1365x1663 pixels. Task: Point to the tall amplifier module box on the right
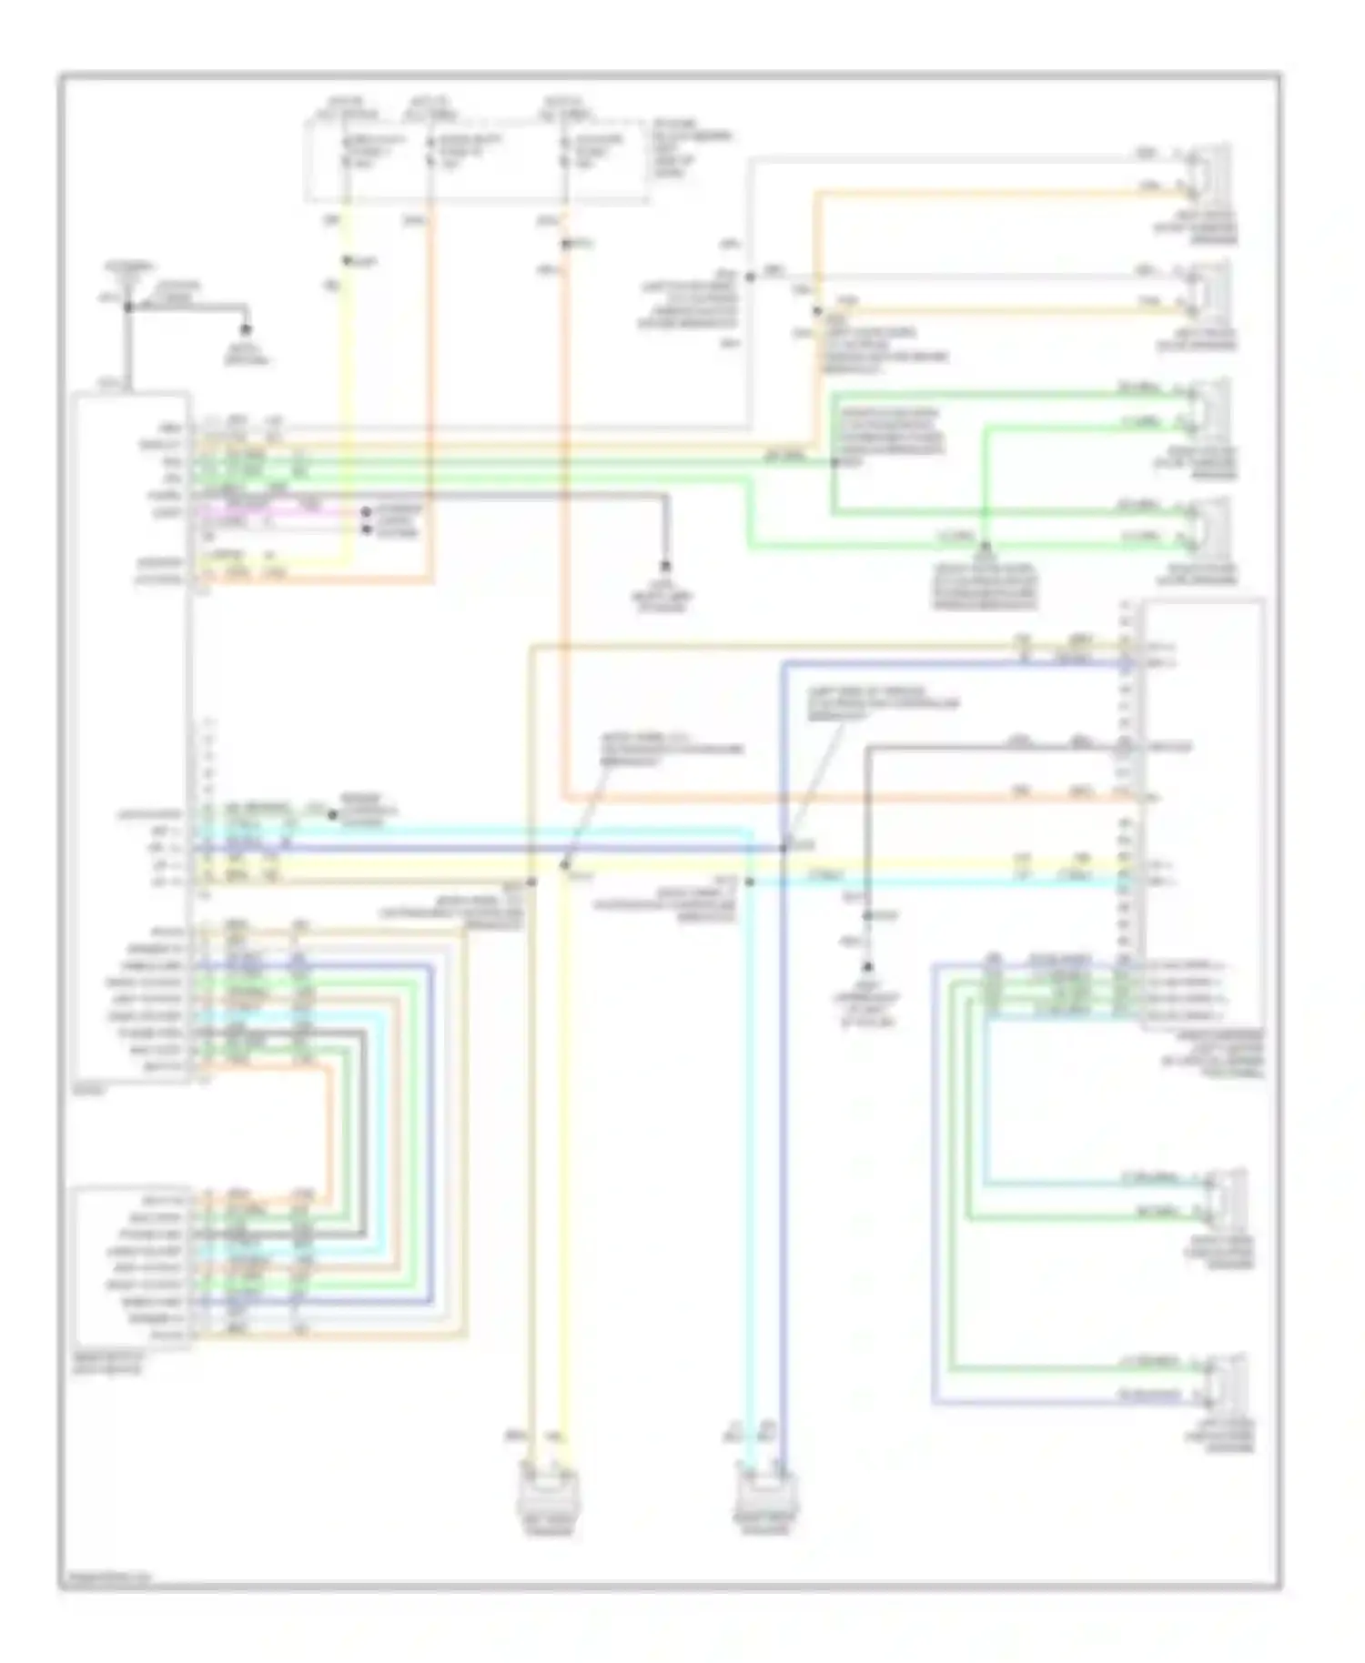(x=1203, y=814)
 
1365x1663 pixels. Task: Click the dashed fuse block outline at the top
(x=478, y=159)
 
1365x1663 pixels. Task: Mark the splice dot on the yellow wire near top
(x=347, y=262)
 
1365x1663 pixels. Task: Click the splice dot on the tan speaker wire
(x=816, y=312)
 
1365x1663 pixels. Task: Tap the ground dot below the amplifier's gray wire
(x=869, y=968)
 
